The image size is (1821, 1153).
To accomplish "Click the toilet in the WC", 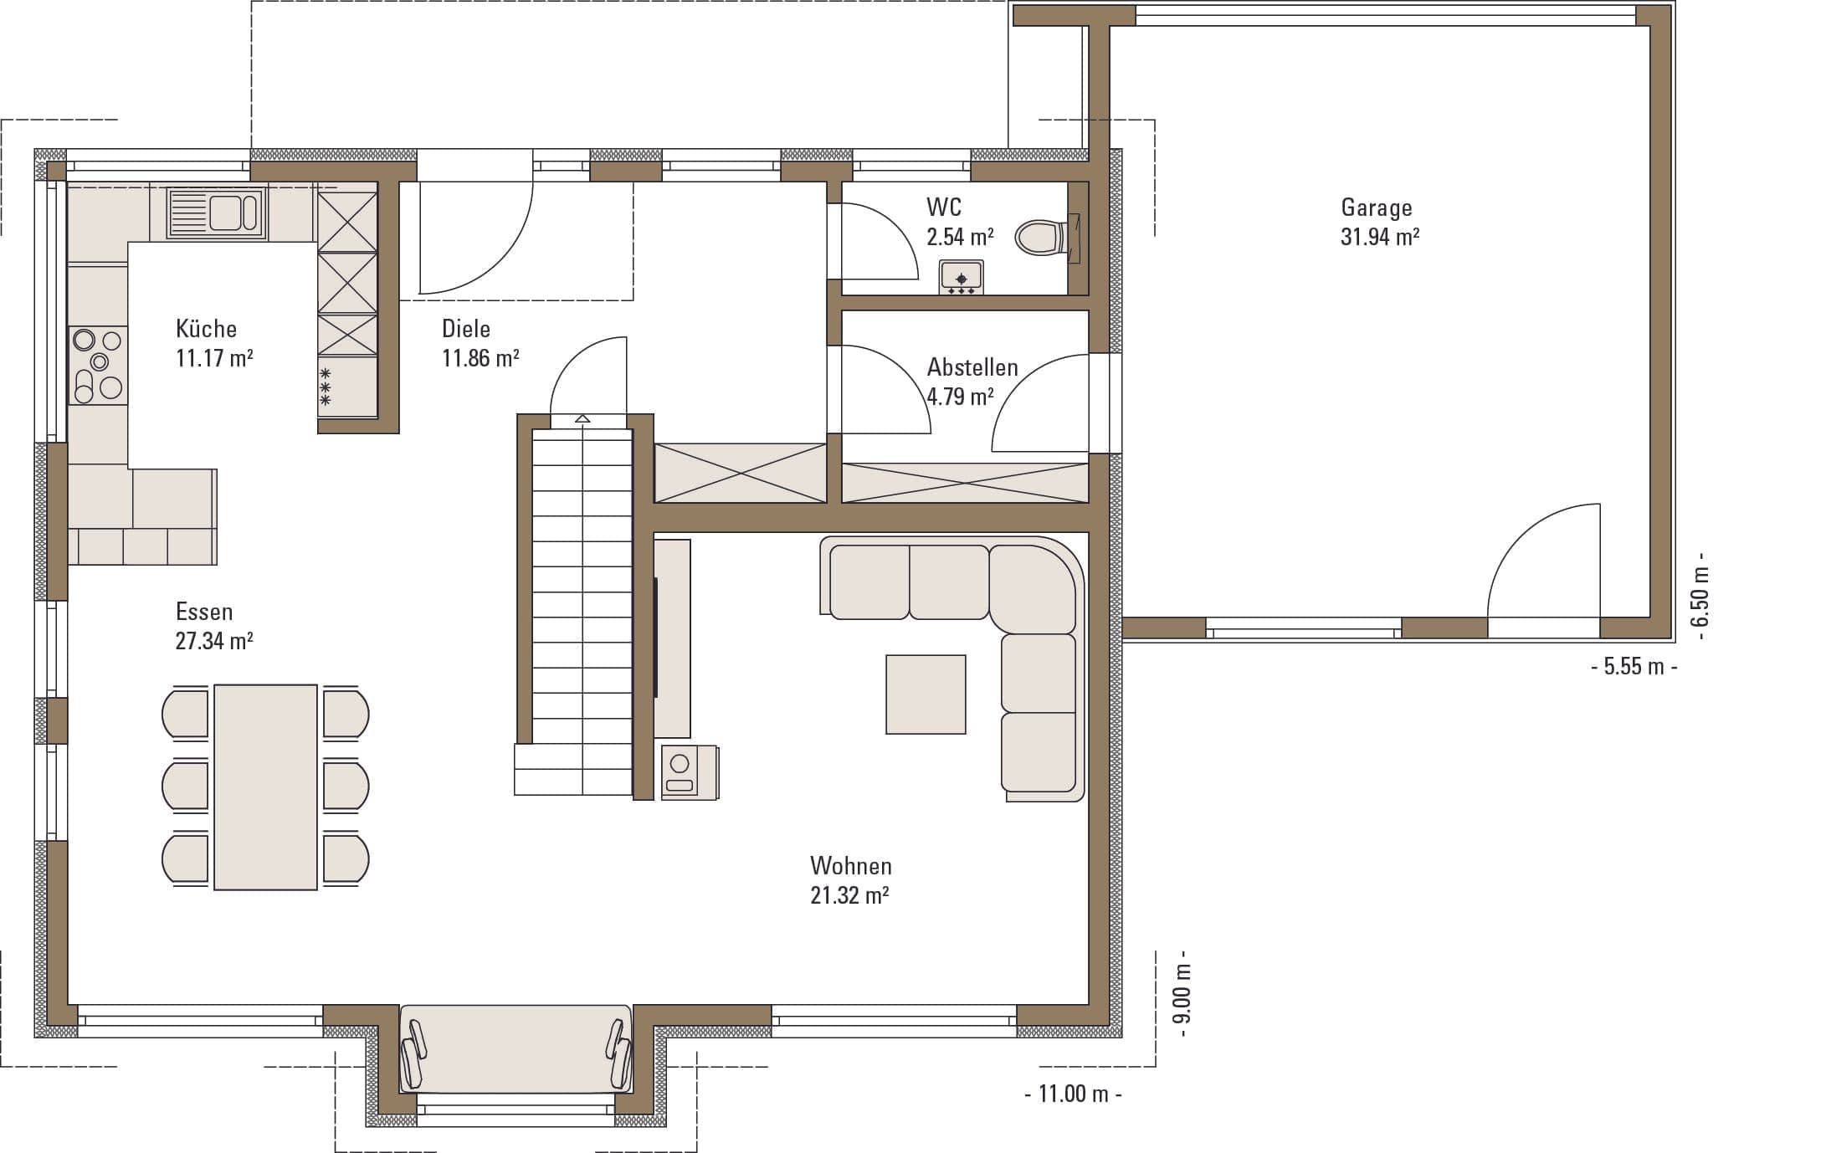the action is coord(1046,238).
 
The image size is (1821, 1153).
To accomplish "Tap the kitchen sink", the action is coord(216,213).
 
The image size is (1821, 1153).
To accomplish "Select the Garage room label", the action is coord(1377,208).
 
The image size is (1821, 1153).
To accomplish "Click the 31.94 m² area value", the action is coord(1380,237).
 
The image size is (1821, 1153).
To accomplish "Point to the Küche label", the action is coord(206,328).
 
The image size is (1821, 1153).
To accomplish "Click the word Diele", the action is coord(466,328).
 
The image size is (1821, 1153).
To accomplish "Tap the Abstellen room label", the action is coord(972,367).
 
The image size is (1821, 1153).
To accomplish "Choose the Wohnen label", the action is coord(851,865).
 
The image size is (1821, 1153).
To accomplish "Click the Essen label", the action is coord(204,612).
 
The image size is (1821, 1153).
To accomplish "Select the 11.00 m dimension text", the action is coord(1073,1094).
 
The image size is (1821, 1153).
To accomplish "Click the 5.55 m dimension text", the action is coord(1634,667).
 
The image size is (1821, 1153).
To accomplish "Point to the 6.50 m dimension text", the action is coord(1700,597).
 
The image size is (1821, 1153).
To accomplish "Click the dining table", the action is coord(266,787).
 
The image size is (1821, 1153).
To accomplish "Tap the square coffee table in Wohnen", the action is coord(926,694).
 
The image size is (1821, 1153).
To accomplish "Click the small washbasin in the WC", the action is coord(962,277).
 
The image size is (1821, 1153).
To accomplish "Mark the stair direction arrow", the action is coord(582,418).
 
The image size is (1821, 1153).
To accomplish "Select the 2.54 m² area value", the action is coord(960,237).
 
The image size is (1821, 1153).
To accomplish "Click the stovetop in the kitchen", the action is coord(98,366).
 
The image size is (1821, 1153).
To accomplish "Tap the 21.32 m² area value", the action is coord(849,895).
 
